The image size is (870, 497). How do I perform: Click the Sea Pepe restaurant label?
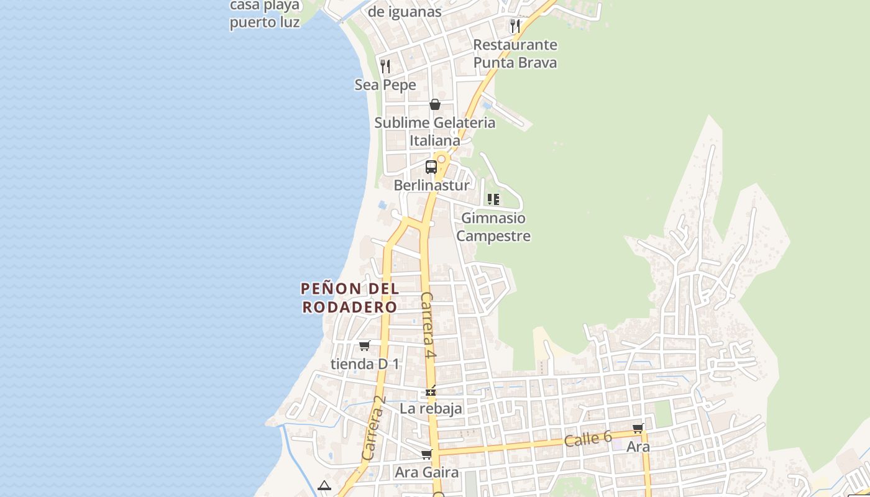(385, 84)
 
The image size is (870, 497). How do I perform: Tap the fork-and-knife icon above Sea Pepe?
(385, 66)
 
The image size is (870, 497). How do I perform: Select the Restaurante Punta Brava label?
(515, 53)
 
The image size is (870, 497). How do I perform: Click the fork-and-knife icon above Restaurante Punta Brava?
(515, 25)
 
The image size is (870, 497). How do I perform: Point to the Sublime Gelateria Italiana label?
(435, 131)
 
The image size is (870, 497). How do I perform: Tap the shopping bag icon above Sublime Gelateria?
(435, 104)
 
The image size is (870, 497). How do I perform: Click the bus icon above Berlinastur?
(431, 166)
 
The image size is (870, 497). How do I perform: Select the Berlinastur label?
(432, 185)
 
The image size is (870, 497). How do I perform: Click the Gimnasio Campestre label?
(494, 227)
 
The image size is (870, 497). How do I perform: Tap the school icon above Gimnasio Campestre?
(493, 199)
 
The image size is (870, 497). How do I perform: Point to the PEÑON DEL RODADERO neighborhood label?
(350, 298)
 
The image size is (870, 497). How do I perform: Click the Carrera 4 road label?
(428, 325)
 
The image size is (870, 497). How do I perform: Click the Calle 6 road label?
(588, 439)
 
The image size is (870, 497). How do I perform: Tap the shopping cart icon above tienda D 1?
(365, 345)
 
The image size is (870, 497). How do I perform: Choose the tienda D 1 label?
(365, 363)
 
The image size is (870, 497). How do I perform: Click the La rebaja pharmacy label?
(431, 409)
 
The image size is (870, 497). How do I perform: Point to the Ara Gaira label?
(427, 473)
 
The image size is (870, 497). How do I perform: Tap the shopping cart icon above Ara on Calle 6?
(638, 428)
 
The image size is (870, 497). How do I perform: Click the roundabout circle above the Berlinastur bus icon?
(441, 159)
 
